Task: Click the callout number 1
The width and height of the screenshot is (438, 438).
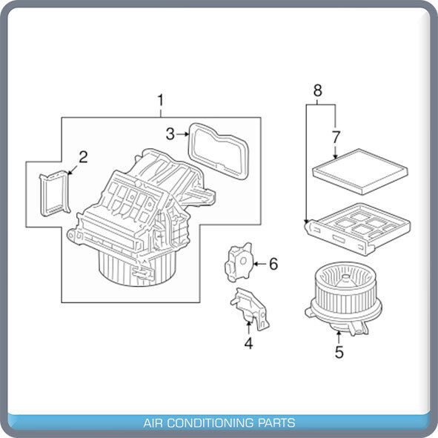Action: [x=160, y=101]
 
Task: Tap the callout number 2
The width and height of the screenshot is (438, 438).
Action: [x=83, y=157]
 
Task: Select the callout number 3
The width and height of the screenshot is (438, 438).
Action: [x=170, y=134]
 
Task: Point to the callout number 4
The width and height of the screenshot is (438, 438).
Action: [x=248, y=343]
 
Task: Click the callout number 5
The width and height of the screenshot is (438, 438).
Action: [x=339, y=352]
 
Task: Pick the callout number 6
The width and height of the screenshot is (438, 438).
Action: [x=273, y=264]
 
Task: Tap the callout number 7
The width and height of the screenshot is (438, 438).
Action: [x=336, y=137]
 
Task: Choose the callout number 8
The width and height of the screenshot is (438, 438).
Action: [x=318, y=90]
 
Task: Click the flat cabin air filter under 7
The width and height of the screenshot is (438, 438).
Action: [x=360, y=171]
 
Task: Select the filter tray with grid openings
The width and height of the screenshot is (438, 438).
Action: [x=358, y=229]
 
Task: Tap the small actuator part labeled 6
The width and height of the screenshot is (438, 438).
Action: [x=239, y=262]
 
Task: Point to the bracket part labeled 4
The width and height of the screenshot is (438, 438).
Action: [x=250, y=308]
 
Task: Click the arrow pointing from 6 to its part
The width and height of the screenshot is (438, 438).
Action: [x=260, y=264]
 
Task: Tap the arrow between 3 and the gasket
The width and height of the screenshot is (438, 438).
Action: [x=183, y=134]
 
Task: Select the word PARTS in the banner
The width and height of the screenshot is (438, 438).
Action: [x=276, y=422]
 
